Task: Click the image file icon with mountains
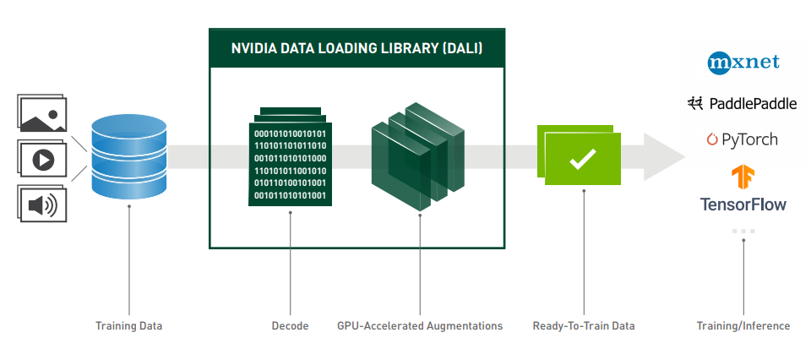pyautogui.click(x=42, y=113)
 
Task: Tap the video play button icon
pyautogui.click(x=42, y=160)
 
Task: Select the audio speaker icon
pyautogui.click(x=42, y=204)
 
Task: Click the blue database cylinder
pyautogui.click(x=129, y=156)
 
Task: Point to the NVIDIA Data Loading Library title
pyautogui.click(x=357, y=49)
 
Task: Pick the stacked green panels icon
pyautogui.click(x=418, y=156)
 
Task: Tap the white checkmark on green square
pyautogui.click(x=583, y=160)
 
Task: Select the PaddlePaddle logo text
pyautogui.click(x=753, y=103)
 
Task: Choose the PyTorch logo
pyautogui.click(x=743, y=139)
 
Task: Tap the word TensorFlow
pyautogui.click(x=743, y=205)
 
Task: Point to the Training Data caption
pyautogui.click(x=128, y=326)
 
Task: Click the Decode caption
pyautogui.click(x=290, y=326)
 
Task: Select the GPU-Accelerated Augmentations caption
pyautogui.click(x=420, y=326)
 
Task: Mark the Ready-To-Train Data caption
pyautogui.click(x=584, y=326)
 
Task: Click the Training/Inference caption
pyautogui.click(x=743, y=326)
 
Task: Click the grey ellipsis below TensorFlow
pyautogui.click(x=743, y=232)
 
